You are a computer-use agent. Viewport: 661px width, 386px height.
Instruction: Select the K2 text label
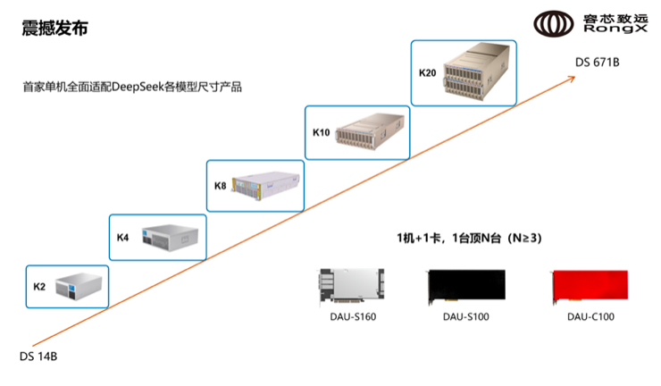click(39, 287)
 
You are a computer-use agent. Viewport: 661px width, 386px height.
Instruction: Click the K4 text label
click(123, 238)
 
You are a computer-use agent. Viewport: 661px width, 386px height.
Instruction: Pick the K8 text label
click(220, 186)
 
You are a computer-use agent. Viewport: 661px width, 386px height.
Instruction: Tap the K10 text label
click(321, 132)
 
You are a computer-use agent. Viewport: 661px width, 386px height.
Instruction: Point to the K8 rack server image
click(265, 185)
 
